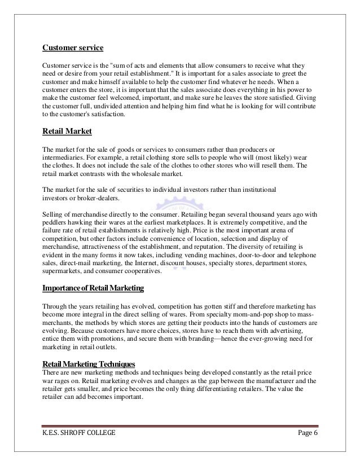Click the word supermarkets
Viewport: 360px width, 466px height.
point(62,271)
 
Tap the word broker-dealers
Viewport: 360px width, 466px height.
point(101,197)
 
